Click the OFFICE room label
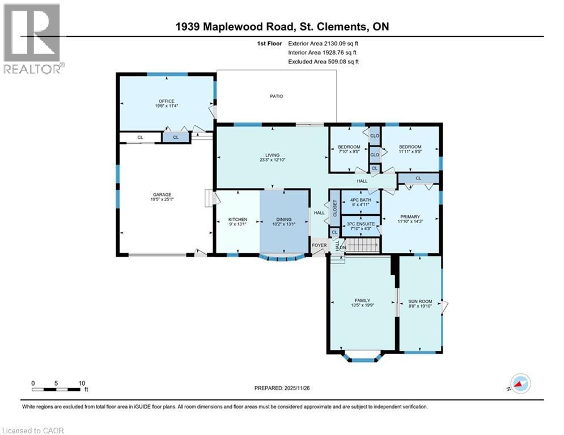pyautogui.click(x=166, y=101)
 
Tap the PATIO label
pyautogui.click(x=276, y=96)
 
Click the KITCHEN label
pyautogui.click(x=238, y=219)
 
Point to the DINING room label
pyautogui.click(x=283, y=219)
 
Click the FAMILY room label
pyautogui.click(x=362, y=300)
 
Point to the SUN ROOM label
pyautogui.click(x=420, y=301)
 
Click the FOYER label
pyautogui.click(x=319, y=245)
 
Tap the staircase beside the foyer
pyautogui.click(x=362, y=245)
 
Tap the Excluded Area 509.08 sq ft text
pyautogui.click(x=324, y=62)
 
